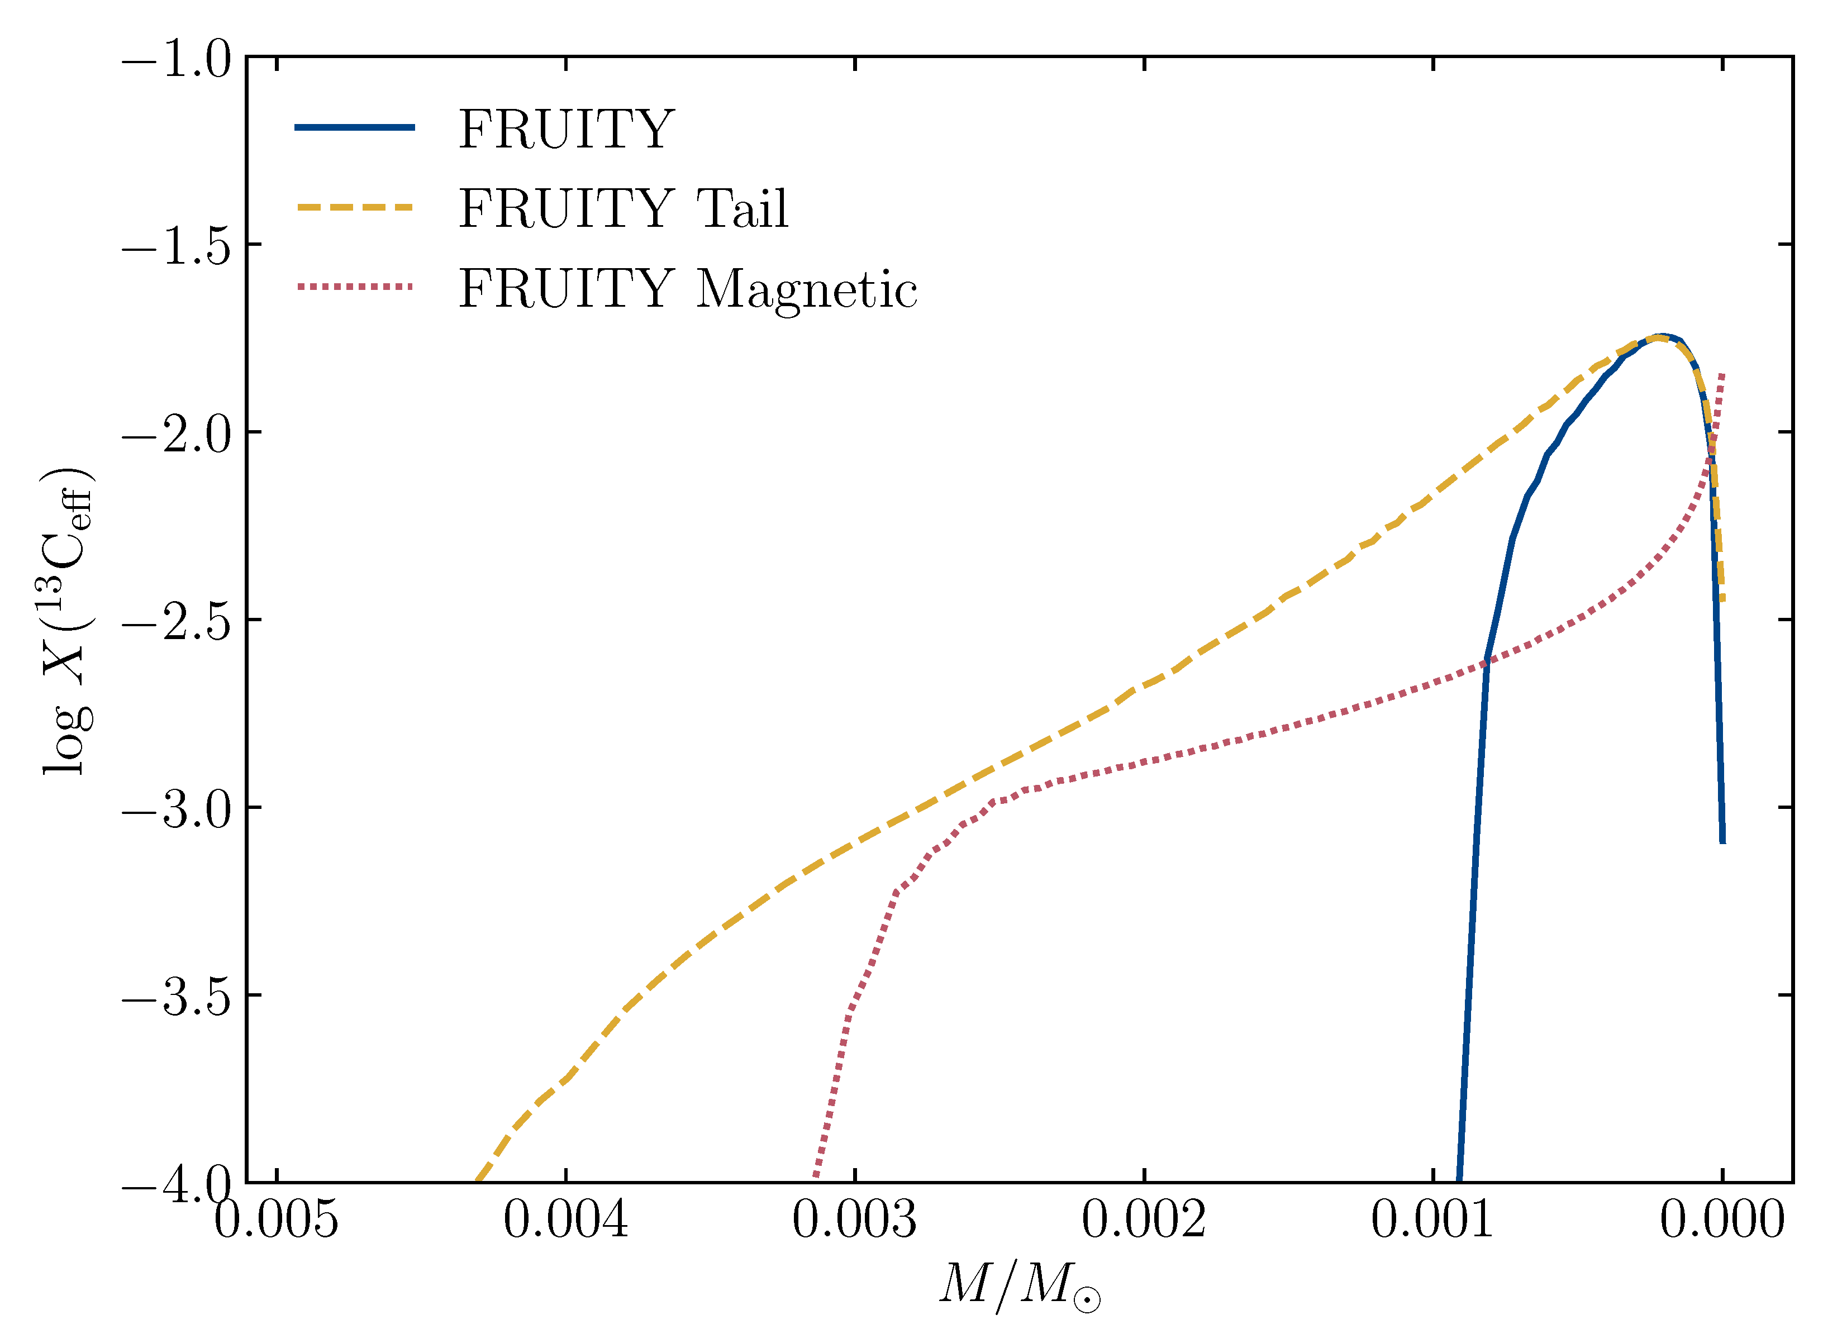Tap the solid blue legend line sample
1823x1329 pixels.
pos(355,127)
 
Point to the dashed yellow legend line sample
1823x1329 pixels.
pos(355,208)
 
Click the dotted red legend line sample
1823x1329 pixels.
pos(355,287)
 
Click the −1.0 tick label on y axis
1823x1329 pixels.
pos(177,60)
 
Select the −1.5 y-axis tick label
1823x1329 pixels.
pos(177,246)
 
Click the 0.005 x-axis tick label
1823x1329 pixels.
pos(276,1220)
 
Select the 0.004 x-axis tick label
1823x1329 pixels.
pos(565,1220)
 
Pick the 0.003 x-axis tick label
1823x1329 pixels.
pos(854,1220)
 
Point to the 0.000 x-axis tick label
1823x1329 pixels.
pos(1722,1220)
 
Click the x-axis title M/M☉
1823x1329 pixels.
pos(1018,1285)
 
